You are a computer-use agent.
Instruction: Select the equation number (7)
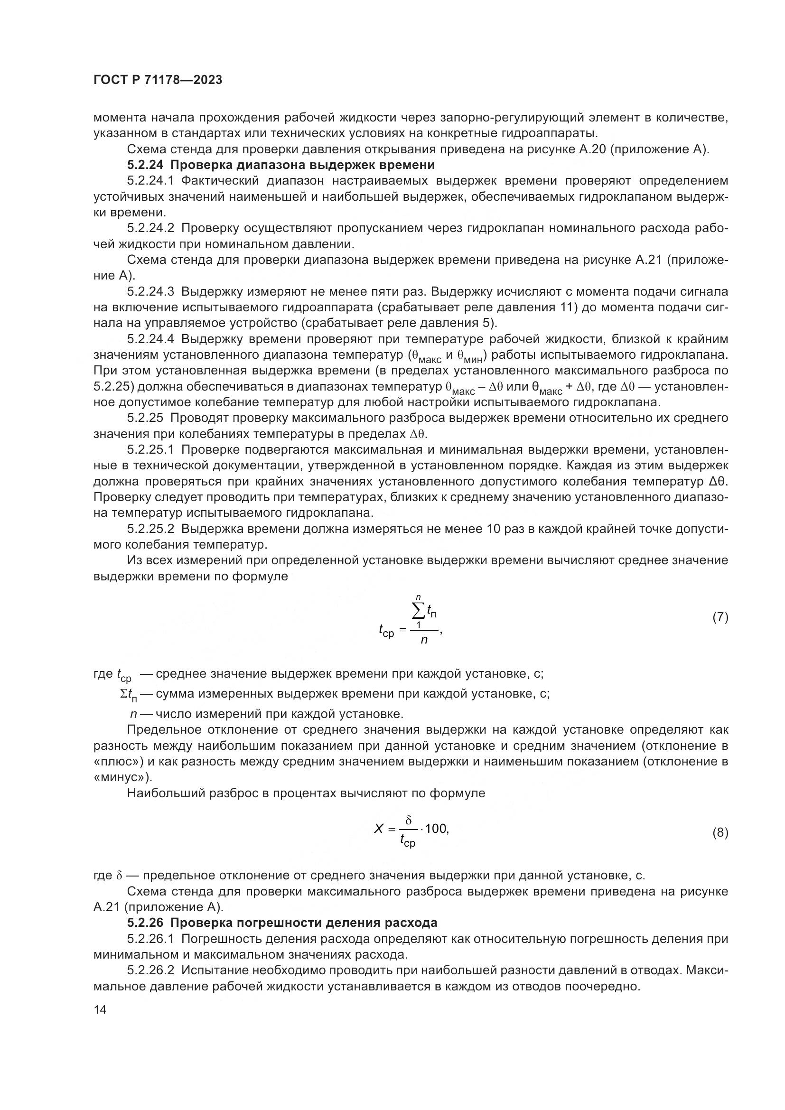(720, 617)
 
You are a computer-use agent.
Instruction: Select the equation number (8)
(720, 832)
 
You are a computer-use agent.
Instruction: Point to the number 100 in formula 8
(437, 829)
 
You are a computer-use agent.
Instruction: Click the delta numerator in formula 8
(409, 821)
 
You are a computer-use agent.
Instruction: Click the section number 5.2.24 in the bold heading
(146, 165)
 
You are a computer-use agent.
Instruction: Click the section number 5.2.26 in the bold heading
(146, 923)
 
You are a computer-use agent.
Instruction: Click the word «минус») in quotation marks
(122, 778)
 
